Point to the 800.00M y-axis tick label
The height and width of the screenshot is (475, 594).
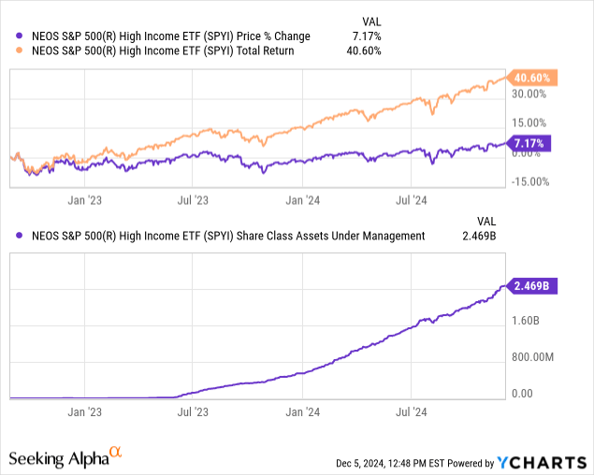(533, 357)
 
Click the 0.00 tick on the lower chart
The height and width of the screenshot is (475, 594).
(523, 394)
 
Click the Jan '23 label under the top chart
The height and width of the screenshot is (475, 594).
(86, 198)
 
